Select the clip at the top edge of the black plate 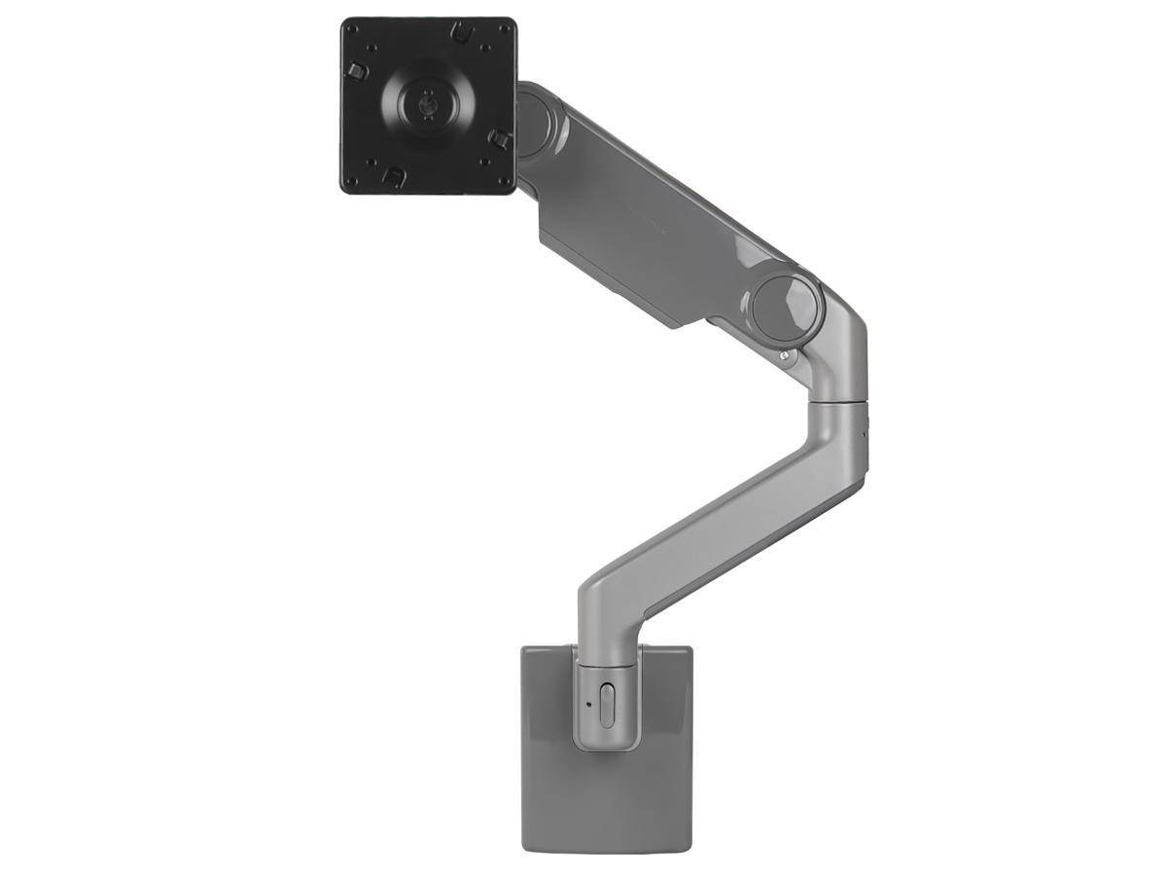[x=463, y=31]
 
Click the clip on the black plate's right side [x=499, y=138]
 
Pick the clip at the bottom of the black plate [x=393, y=175]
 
